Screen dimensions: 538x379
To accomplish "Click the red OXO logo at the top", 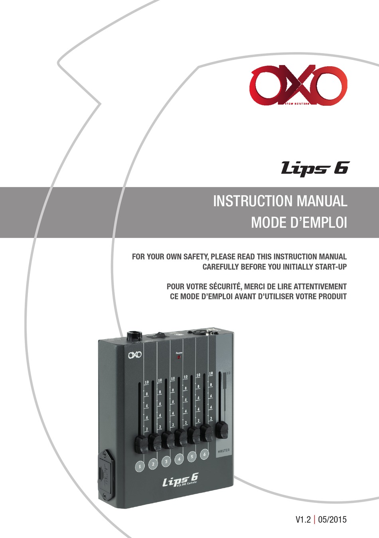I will coord(298,86).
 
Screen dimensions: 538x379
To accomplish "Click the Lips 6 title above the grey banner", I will coord(315,168).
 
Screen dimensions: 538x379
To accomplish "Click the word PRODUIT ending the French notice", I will coord(330,297).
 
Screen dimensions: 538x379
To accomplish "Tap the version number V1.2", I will coord(303,520).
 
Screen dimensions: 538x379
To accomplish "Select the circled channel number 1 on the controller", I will coord(140,466).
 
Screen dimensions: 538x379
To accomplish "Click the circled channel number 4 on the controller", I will coord(179,459).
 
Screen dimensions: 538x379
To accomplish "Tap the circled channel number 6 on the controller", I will coord(204,454).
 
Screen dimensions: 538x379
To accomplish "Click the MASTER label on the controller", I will coord(223,450).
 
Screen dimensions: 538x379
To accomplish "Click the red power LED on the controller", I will coord(179,357).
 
